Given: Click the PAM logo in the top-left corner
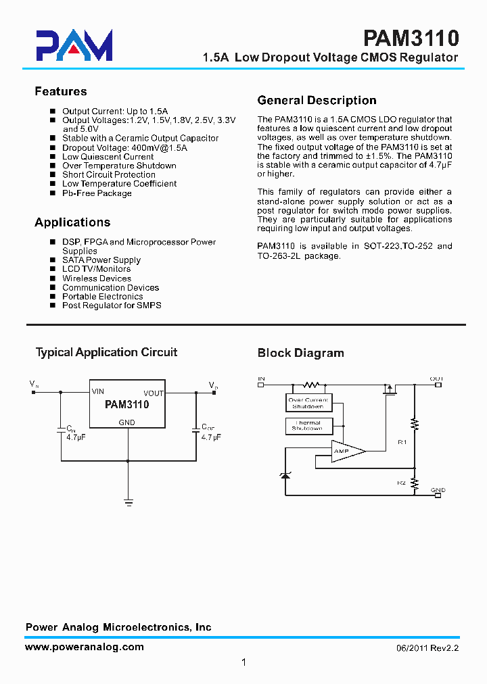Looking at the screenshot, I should [x=74, y=45].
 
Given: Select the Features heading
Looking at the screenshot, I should [x=61, y=91].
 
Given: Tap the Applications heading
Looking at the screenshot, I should [x=72, y=222].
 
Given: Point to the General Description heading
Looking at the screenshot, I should [x=317, y=101].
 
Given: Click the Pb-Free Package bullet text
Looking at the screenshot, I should [x=97, y=193].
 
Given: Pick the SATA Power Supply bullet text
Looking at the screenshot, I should [x=101, y=260].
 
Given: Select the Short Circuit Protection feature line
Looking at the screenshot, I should [x=109, y=174].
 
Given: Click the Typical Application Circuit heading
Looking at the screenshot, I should [x=106, y=352].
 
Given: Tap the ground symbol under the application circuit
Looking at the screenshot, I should [x=128, y=502].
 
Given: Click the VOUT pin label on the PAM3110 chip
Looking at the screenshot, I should [x=154, y=393].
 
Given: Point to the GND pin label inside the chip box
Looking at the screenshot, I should [x=126, y=422].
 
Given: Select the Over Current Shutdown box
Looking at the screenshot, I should [x=308, y=404].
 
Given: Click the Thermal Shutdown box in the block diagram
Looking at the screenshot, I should [x=308, y=426].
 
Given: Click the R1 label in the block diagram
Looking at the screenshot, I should [x=402, y=442].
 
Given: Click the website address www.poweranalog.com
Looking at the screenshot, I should [x=85, y=647].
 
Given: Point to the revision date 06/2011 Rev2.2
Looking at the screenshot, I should [x=427, y=648].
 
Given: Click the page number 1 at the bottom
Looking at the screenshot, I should [x=243, y=662].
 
